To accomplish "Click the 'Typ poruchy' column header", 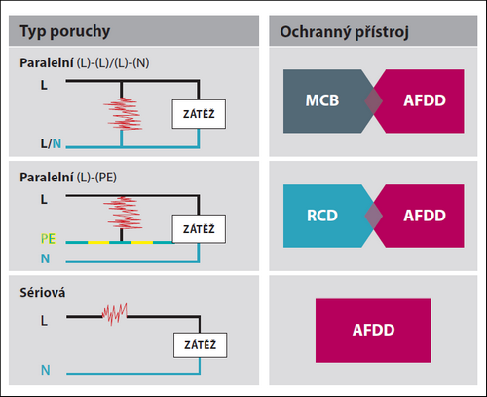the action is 65,32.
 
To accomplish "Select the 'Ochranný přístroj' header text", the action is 344,32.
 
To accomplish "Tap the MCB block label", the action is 322,100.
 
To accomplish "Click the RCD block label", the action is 322,216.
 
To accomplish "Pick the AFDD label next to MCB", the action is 425,100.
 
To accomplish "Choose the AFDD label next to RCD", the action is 425,216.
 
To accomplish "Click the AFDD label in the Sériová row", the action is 374,330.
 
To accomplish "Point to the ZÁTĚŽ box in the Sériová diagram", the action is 200,345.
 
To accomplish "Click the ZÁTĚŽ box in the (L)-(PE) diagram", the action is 199,229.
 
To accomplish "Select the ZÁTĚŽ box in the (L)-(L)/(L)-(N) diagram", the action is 199,114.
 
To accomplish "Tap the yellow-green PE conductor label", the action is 48,239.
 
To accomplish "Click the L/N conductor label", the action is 51,143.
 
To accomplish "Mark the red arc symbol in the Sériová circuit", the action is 114,314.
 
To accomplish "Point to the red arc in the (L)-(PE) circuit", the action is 123,213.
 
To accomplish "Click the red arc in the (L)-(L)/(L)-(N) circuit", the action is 123,113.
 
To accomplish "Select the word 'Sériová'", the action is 43,293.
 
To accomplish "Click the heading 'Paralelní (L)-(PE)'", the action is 68,178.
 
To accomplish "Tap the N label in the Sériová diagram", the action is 46,370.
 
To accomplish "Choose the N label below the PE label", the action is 45,258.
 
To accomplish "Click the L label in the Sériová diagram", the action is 44,321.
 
